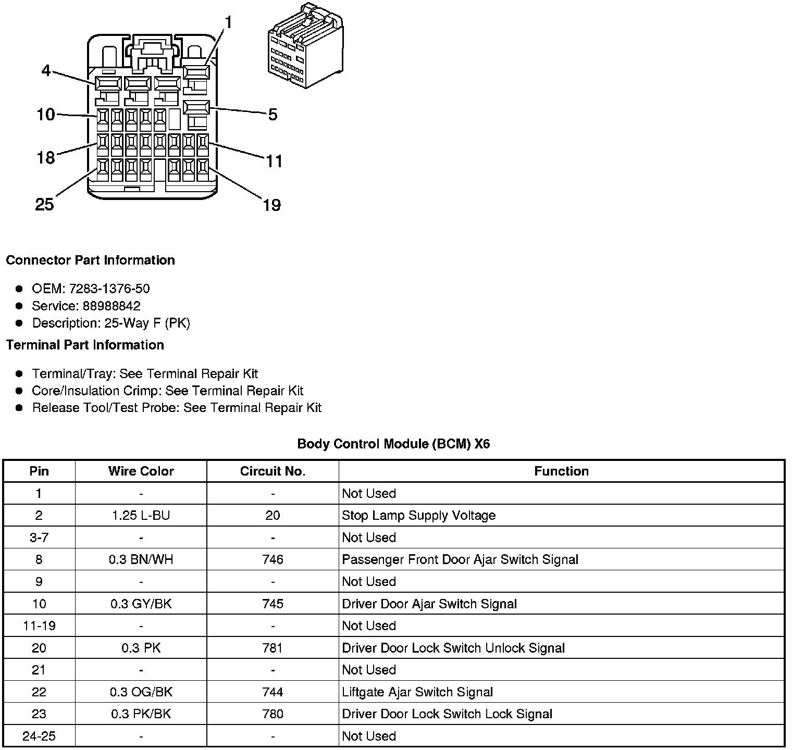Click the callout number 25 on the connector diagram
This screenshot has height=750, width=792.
(44, 204)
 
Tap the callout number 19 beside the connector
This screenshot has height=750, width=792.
(271, 205)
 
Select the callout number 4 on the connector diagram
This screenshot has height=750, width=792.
(46, 70)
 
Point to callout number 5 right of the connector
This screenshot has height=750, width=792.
(273, 115)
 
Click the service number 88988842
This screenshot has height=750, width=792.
(112, 306)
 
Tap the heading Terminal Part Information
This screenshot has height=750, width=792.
(85, 345)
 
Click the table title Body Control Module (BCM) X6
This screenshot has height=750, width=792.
(393, 444)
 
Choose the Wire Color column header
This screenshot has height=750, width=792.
(141, 471)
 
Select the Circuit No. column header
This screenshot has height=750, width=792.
(273, 471)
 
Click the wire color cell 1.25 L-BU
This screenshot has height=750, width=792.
(141, 516)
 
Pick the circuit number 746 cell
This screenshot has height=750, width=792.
(273, 559)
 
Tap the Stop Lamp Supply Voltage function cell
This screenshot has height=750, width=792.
(418, 516)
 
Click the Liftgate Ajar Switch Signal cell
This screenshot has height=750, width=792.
(417, 692)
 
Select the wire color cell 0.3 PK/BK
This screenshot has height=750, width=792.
(141, 714)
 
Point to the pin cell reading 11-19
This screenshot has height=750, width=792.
(39, 626)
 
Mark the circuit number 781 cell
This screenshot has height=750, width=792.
(273, 648)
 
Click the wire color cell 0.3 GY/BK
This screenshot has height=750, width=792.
(141, 604)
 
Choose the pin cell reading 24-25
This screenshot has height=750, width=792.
(39, 736)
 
